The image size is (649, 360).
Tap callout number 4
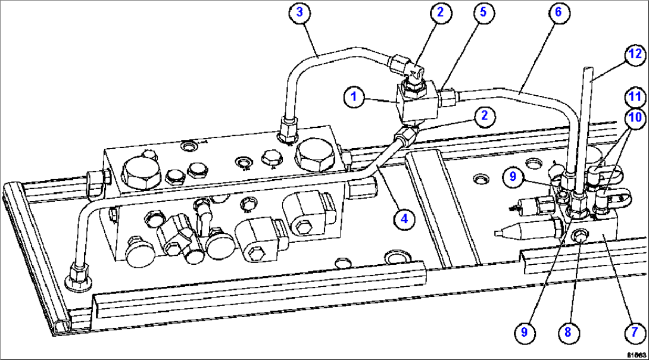click(404, 218)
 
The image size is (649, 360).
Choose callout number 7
click(635, 331)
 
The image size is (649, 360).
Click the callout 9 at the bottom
click(524, 331)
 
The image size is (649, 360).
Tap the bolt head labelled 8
click(579, 238)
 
